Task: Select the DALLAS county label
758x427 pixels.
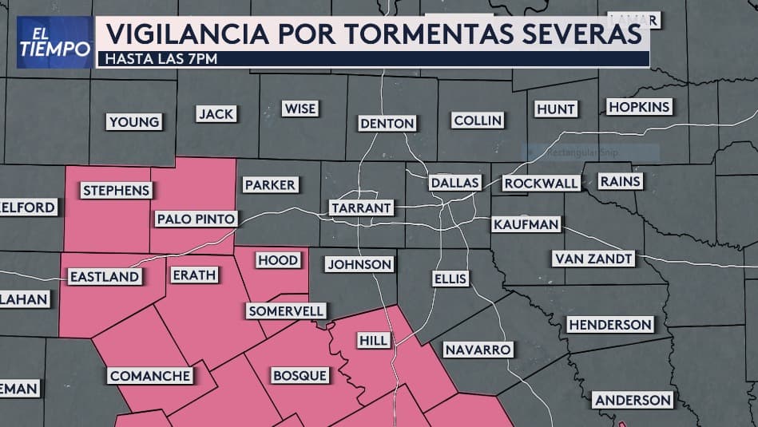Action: point(454,182)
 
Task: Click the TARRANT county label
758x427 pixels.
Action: point(361,208)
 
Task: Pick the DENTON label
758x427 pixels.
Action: point(387,123)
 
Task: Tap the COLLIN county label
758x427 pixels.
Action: point(478,121)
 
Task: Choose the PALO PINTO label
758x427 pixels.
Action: point(196,219)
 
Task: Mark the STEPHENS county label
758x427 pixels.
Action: point(116,190)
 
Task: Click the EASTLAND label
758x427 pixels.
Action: point(105,277)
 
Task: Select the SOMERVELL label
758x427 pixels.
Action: point(285,310)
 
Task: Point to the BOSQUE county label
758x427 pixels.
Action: point(300,375)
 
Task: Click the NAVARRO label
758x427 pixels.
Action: point(478,350)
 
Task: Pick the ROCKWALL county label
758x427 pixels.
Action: point(541,183)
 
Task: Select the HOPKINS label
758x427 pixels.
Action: point(638,107)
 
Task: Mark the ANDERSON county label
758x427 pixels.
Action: point(632,399)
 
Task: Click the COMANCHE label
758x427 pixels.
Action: point(150,375)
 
